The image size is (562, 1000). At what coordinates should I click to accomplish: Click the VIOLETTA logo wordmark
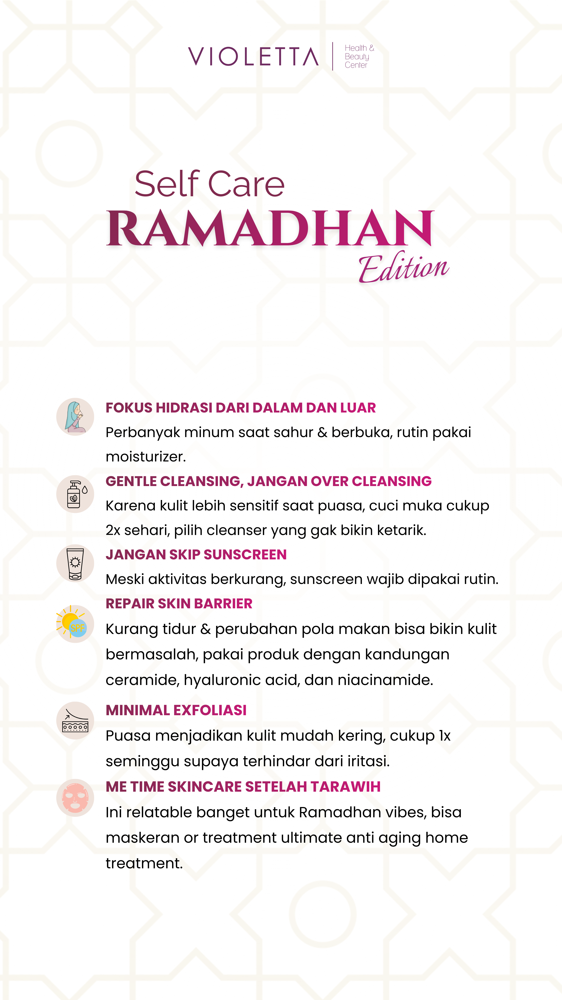pyautogui.click(x=253, y=57)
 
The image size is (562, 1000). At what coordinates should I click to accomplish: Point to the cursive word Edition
pyautogui.click(x=403, y=268)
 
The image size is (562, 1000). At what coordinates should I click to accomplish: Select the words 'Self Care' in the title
pyautogui.click(x=209, y=184)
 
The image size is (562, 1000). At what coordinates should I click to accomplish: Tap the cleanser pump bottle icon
pyautogui.click(x=75, y=494)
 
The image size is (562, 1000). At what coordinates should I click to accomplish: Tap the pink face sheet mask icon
pyautogui.click(x=75, y=798)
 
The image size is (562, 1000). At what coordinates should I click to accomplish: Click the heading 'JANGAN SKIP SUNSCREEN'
pyautogui.click(x=196, y=555)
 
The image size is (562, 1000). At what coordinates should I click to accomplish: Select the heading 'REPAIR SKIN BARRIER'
pyautogui.click(x=179, y=604)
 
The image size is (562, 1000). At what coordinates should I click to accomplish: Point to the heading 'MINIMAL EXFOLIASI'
pyautogui.click(x=176, y=710)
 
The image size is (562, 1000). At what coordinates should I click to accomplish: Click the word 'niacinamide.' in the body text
pyautogui.click(x=385, y=680)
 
